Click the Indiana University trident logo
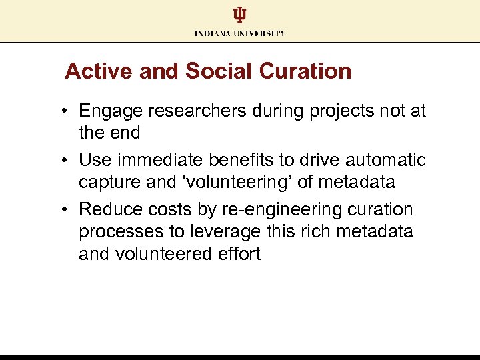(x=240, y=15)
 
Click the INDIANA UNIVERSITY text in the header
(x=240, y=33)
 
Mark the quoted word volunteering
(x=227, y=181)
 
